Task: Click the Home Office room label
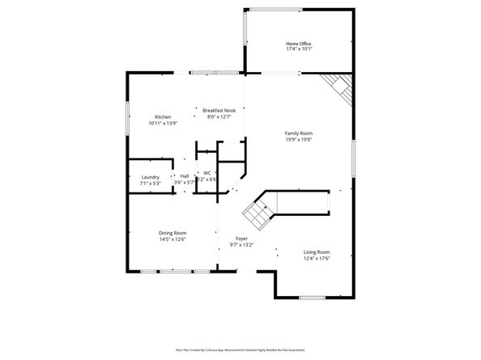tap(299, 44)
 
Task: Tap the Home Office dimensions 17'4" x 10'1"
tap(299, 49)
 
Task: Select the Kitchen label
tap(163, 117)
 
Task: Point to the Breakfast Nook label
tap(219, 110)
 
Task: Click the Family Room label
tap(298, 133)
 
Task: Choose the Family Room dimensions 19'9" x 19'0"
tap(298, 139)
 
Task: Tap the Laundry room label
tap(150, 176)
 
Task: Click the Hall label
tap(185, 176)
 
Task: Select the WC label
tap(206, 172)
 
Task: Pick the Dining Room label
tap(172, 233)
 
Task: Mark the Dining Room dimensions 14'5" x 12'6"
tap(172, 239)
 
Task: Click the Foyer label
tap(241, 238)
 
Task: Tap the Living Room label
tap(317, 252)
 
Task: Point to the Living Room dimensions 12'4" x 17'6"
tap(317, 258)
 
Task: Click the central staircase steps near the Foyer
tap(257, 213)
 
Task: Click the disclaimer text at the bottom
tap(240, 349)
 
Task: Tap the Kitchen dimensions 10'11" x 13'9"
tap(163, 124)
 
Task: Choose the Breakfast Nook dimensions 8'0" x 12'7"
tap(219, 116)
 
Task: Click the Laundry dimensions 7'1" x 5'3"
tap(150, 183)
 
